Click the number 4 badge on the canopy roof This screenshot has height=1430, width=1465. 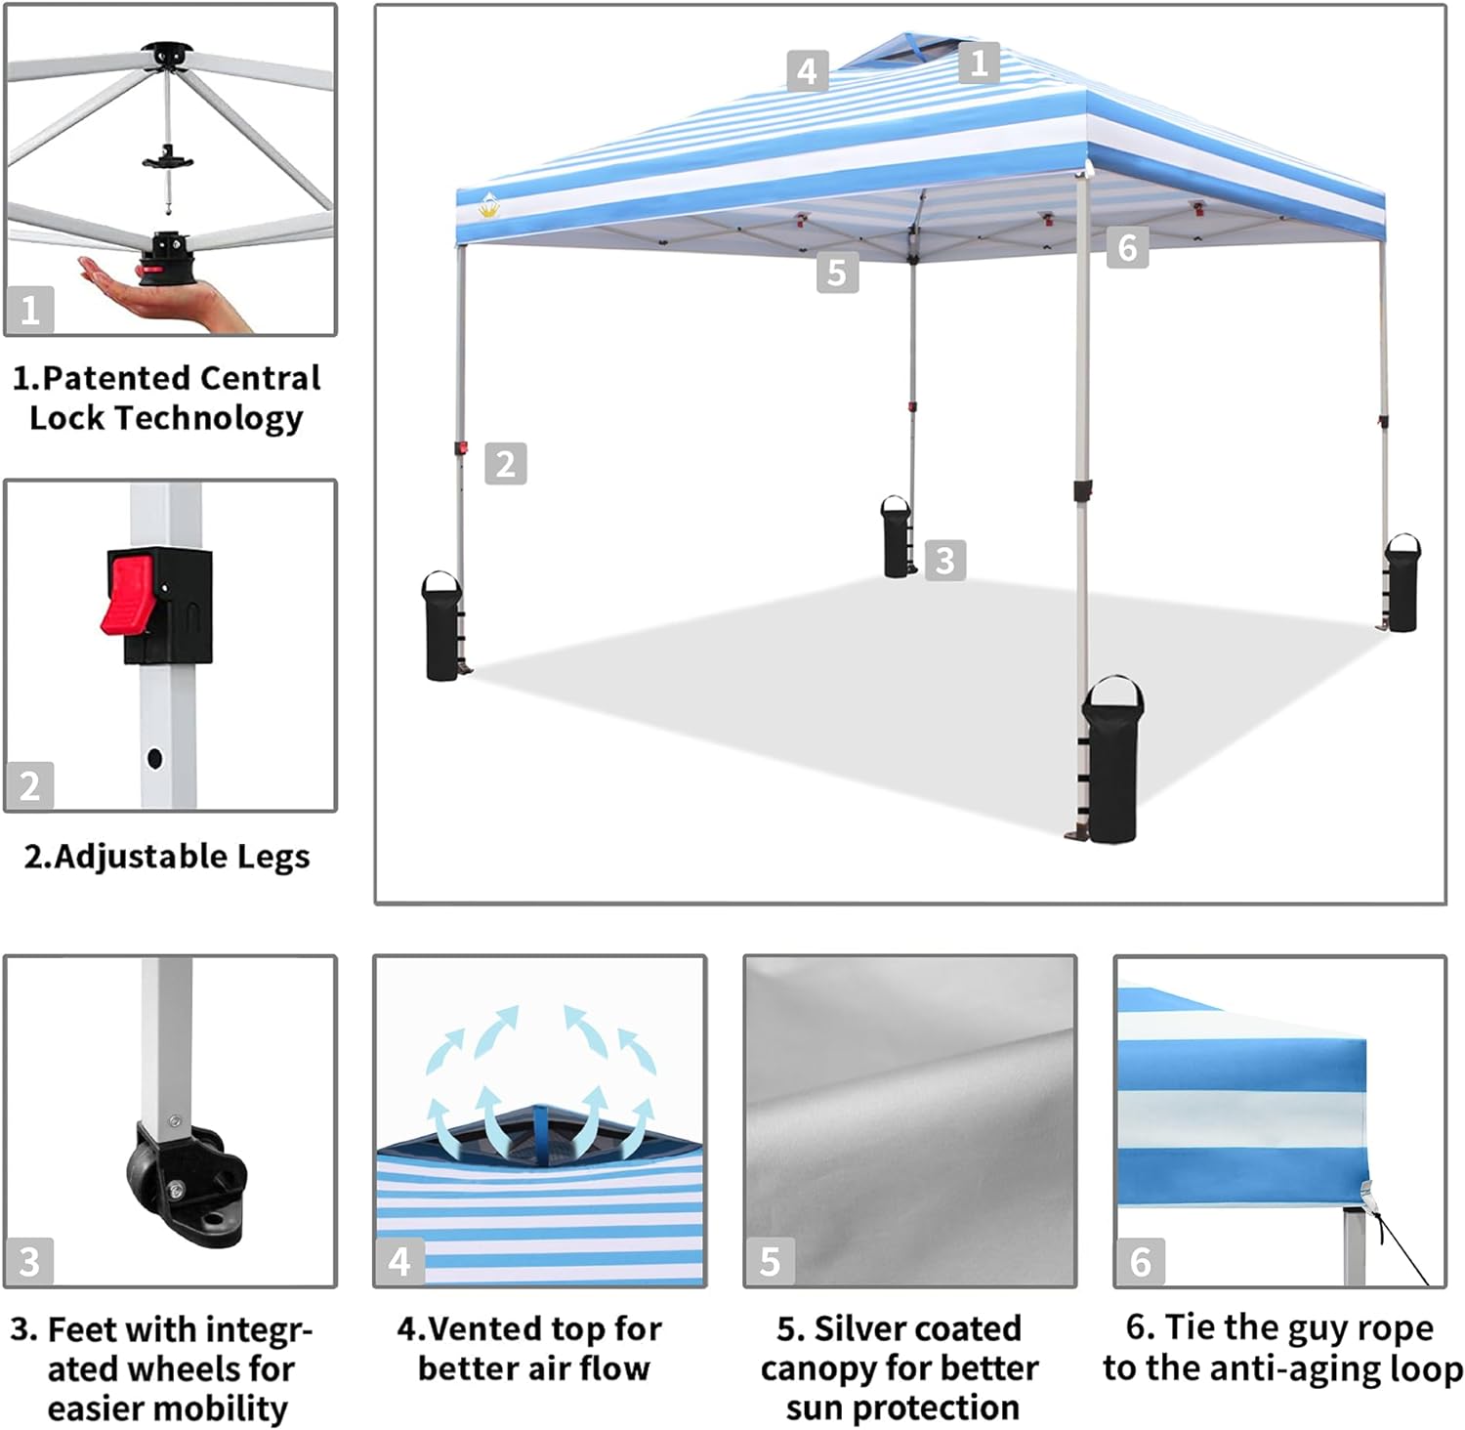coord(807,71)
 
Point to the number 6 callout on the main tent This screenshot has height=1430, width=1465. coord(1126,247)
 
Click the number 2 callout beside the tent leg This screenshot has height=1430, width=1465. coord(505,463)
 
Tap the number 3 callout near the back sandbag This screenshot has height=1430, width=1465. coord(944,560)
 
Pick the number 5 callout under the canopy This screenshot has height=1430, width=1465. coord(837,273)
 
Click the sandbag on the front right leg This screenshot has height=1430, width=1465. coord(1113,762)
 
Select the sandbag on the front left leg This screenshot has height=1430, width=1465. coord(441,627)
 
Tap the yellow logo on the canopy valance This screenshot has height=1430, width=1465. coord(489,205)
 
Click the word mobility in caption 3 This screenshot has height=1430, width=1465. coord(227,1408)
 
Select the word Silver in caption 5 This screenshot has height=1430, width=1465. coord(869,1328)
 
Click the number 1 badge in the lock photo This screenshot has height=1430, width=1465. coord(29,310)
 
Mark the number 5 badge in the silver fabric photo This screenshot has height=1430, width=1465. coord(770,1261)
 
